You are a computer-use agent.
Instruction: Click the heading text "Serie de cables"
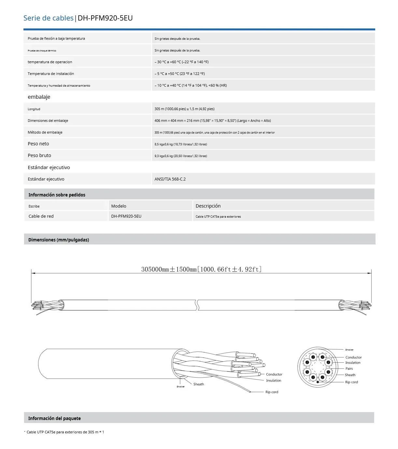[x=48, y=18]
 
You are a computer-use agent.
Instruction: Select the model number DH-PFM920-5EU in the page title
[x=105, y=18]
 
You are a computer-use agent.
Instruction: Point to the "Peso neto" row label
[x=38, y=144]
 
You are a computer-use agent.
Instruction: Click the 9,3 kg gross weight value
[x=180, y=156]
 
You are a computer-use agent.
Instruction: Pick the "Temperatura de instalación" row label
[x=50, y=74]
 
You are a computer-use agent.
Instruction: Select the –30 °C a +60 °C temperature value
[x=181, y=62]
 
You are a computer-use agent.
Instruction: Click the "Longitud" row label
[x=34, y=109]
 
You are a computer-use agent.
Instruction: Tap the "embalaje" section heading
[x=39, y=97]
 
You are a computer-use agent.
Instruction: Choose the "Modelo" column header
[x=119, y=206]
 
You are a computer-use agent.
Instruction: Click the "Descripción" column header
[x=208, y=206]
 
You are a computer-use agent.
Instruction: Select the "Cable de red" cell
[x=41, y=216]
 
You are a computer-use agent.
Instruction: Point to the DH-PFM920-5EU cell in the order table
[x=126, y=216]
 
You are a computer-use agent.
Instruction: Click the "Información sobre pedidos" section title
[x=57, y=195]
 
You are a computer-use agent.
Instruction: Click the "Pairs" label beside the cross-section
[x=349, y=369]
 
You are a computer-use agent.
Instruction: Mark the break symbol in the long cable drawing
[x=197, y=305]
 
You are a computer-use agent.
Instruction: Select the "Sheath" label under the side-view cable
[x=198, y=384]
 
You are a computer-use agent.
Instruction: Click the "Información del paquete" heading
[x=54, y=418]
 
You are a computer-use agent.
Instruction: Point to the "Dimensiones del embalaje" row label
[x=48, y=121]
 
